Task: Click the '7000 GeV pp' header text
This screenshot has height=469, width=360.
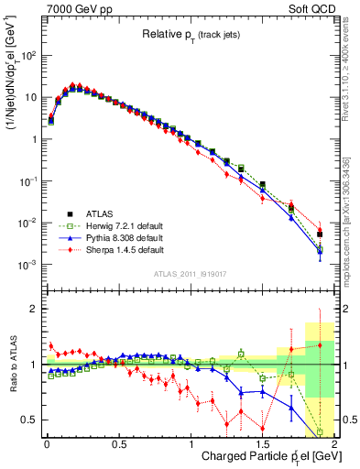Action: point(73,8)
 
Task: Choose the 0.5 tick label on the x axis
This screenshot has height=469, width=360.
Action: point(118,443)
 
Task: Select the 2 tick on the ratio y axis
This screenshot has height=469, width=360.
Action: point(33,309)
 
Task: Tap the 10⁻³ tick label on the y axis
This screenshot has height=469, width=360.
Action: point(27,265)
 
